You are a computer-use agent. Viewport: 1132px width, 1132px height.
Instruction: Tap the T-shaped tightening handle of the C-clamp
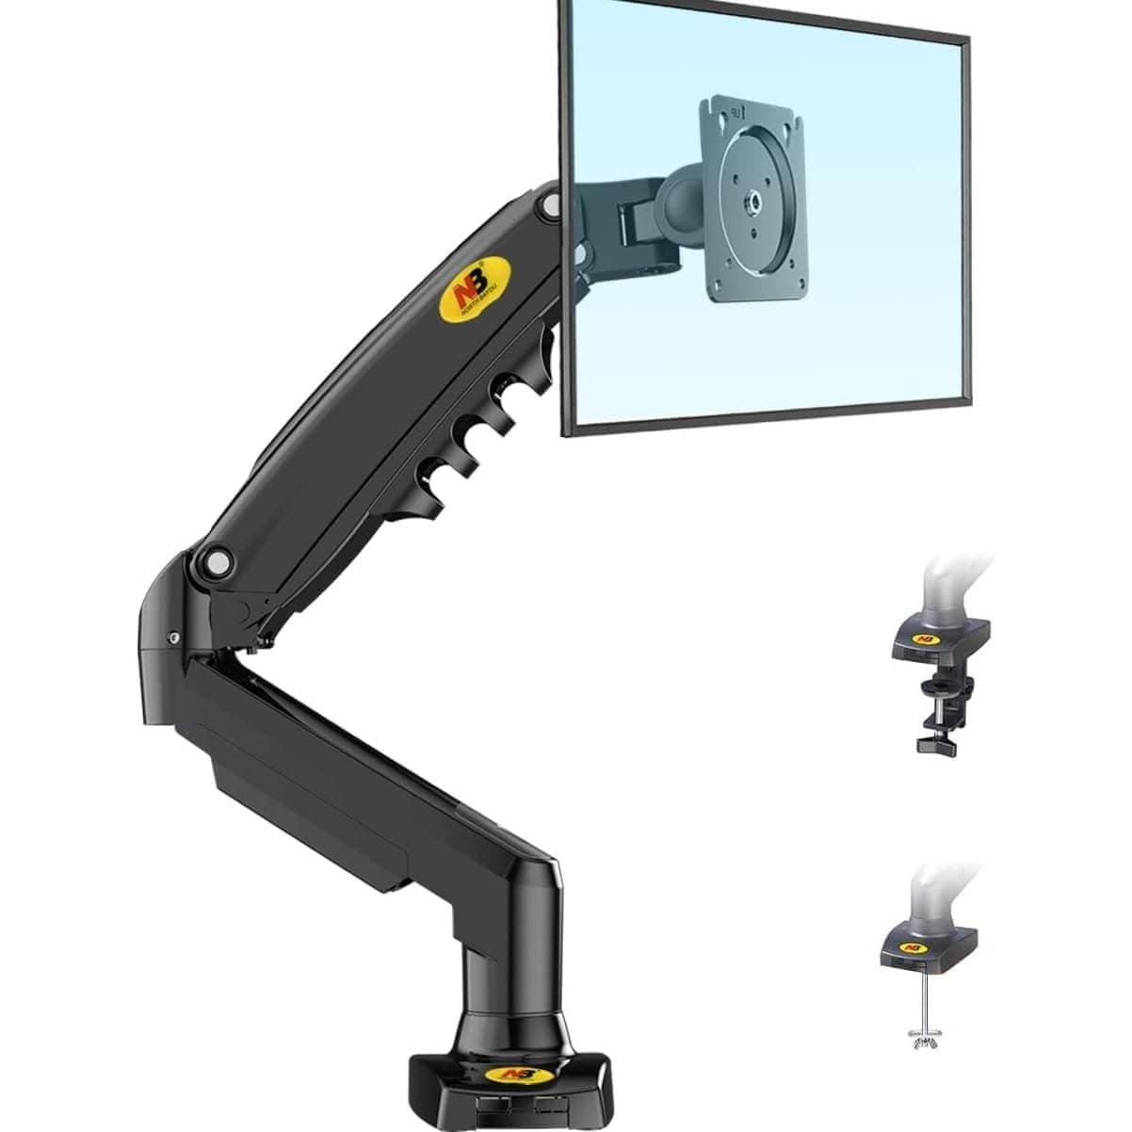tap(938, 745)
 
